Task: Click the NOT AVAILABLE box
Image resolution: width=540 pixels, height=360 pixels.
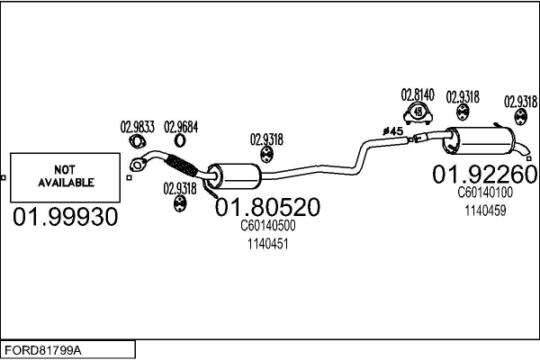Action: pos(65,177)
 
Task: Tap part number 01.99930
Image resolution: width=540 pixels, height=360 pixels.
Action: pos(66,217)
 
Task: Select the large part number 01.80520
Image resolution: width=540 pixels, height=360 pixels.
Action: pos(267,207)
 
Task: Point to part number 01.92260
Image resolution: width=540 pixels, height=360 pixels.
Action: pos(484,174)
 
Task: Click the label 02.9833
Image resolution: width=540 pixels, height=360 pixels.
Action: pos(138,127)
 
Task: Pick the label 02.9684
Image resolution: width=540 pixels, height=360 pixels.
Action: pos(181,127)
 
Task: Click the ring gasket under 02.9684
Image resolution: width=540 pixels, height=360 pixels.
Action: pos(180,140)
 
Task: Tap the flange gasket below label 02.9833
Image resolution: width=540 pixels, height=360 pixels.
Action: pos(138,141)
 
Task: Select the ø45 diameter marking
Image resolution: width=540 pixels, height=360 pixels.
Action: pos(392,130)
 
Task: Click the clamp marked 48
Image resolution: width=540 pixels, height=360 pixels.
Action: pos(418,113)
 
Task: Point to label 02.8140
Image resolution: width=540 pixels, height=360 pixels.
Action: pos(418,94)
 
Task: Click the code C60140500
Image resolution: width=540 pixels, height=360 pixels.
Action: pos(267,226)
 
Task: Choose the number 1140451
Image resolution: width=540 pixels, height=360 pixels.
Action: pos(267,244)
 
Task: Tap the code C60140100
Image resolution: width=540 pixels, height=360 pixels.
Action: pos(485,193)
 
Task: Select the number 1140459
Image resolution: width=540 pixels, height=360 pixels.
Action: pos(485,211)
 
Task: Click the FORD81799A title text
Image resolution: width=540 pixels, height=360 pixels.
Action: pos(43,351)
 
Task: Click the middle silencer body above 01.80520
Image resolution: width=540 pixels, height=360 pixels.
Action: pos(234,176)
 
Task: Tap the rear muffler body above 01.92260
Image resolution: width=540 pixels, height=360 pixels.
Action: pos(479,140)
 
